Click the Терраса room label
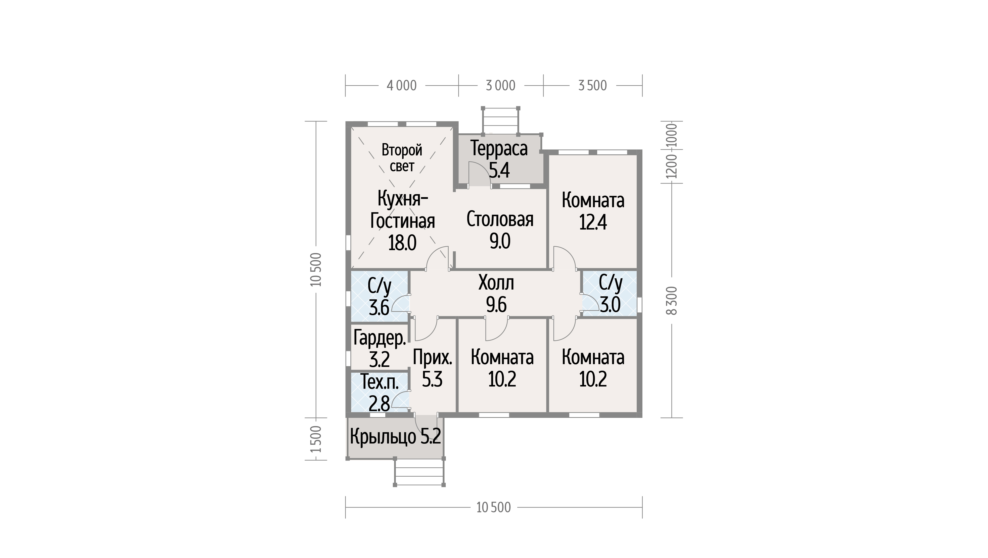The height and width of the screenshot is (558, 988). click(499, 148)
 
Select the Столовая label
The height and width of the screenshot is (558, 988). click(500, 219)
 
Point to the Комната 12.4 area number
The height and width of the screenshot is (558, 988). click(593, 222)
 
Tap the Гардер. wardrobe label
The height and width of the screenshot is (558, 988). click(379, 339)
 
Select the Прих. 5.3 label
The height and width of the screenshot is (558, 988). click(432, 368)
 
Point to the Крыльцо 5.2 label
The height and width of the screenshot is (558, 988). click(395, 436)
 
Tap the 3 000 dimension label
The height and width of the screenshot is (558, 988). click(500, 85)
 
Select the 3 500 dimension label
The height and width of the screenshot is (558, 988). click(593, 85)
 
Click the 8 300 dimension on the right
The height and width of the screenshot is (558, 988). click(672, 301)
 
